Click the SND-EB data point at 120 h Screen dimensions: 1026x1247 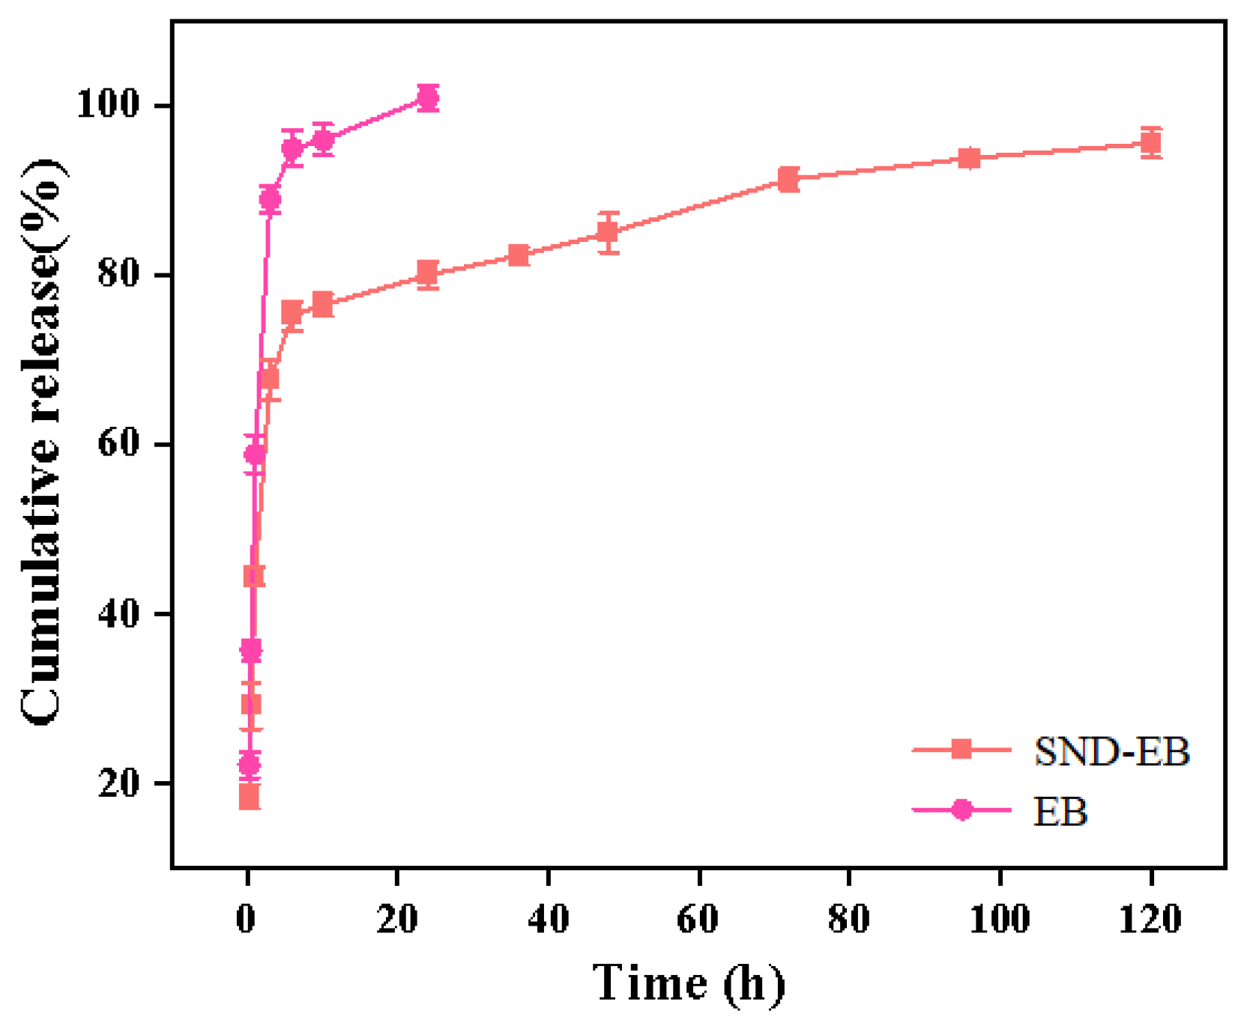click(1150, 142)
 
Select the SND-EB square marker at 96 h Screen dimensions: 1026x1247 click(969, 158)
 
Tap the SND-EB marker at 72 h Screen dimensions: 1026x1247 click(788, 179)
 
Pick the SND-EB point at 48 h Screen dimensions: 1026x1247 click(608, 233)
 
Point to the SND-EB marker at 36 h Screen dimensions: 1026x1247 click(518, 255)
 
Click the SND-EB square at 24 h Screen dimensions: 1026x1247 click(427, 273)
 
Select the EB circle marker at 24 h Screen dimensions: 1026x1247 click(427, 97)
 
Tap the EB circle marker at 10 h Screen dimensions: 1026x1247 click(322, 139)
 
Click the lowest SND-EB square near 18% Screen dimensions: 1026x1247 click(249, 798)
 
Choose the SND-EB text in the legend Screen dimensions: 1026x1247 click(1111, 751)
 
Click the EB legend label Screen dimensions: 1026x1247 click(1060, 812)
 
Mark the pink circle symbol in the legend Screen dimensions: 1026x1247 click(961, 810)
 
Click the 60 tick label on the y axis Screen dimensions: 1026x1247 click(118, 444)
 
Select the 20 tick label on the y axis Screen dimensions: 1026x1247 click(118, 783)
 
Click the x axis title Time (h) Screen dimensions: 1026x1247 click(688, 983)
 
